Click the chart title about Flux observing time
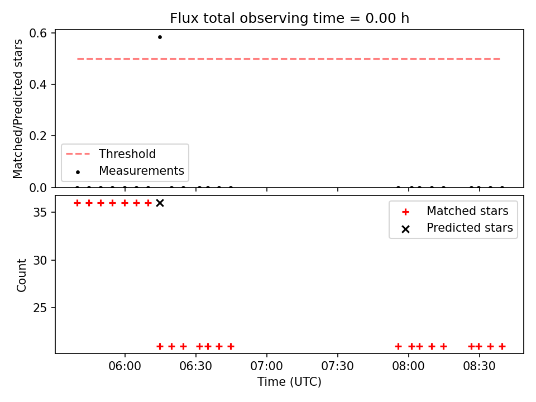[289, 18]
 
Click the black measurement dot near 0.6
[160, 37]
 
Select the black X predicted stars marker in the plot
[160, 203]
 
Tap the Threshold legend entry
[127, 154]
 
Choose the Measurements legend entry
[141, 170]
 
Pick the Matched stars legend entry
[467, 211]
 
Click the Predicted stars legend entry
[470, 228]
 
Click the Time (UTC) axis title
[289, 382]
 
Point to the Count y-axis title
[22, 275]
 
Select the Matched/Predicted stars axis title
[18, 109]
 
